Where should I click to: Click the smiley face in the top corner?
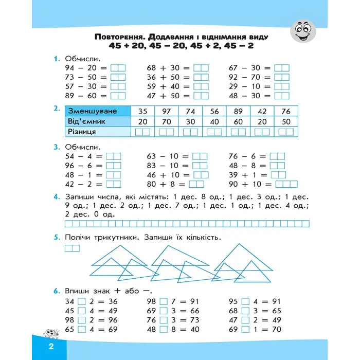(303, 31)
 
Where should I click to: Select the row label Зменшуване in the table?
(93, 111)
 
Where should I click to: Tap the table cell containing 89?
(238, 111)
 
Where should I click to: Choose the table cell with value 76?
(286, 111)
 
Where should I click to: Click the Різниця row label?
(82, 132)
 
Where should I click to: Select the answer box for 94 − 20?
(118, 68)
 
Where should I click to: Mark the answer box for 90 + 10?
(286, 184)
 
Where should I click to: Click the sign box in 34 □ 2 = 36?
(81, 302)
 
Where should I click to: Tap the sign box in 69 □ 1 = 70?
(244, 329)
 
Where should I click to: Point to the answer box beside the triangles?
(73, 248)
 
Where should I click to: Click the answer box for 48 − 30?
(282, 96)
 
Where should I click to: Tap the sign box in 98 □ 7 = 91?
(165, 302)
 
